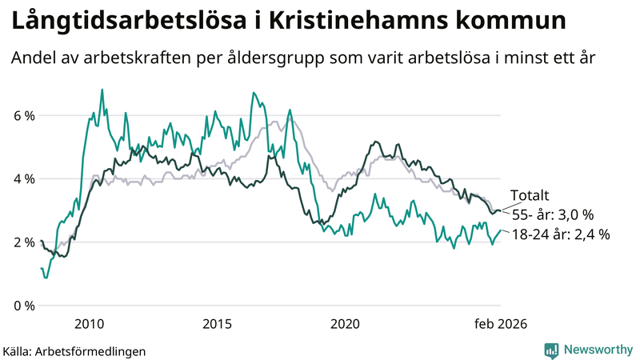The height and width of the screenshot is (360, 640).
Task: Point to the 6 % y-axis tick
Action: click(24, 116)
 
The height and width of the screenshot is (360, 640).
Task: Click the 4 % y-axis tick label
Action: click(24, 179)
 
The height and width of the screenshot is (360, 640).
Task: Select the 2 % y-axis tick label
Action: click(24, 242)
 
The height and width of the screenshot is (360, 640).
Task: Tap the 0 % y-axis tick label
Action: click(24, 306)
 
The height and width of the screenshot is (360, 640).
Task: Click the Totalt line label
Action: click(531, 196)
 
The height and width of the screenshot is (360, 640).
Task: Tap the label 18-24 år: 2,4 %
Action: click(561, 234)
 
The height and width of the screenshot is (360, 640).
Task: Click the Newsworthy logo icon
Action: click(551, 350)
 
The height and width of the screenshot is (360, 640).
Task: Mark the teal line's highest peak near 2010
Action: click(102, 90)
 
